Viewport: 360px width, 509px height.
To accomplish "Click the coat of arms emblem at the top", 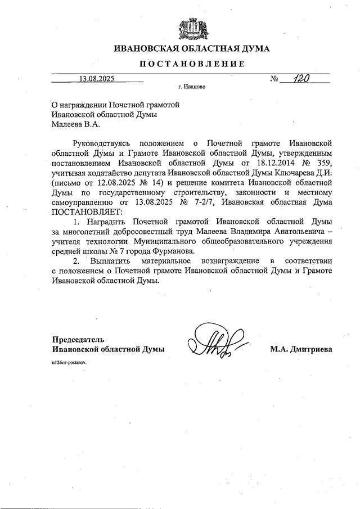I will [x=192, y=28].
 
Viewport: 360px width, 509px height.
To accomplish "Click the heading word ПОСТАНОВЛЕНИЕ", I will [x=192, y=64].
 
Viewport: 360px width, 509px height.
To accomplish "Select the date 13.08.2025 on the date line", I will [x=96, y=79].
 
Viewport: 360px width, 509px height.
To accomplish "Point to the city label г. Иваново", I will [x=192, y=88].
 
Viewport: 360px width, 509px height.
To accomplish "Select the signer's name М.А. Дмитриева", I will [x=301, y=349].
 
